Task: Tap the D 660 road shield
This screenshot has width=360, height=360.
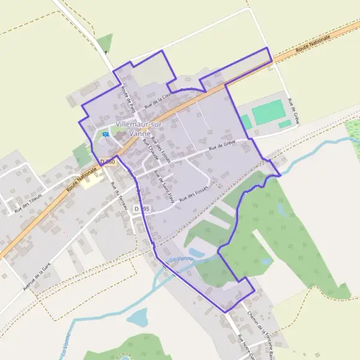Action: [x=108, y=162]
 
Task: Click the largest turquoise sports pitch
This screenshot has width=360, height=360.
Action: [x=268, y=112]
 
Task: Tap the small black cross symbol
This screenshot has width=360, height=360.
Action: [x=107, y=53]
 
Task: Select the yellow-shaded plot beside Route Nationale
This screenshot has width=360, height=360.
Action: [x=91, y=179]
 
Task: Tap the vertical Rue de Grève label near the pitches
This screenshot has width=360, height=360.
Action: [x=294, y=112]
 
